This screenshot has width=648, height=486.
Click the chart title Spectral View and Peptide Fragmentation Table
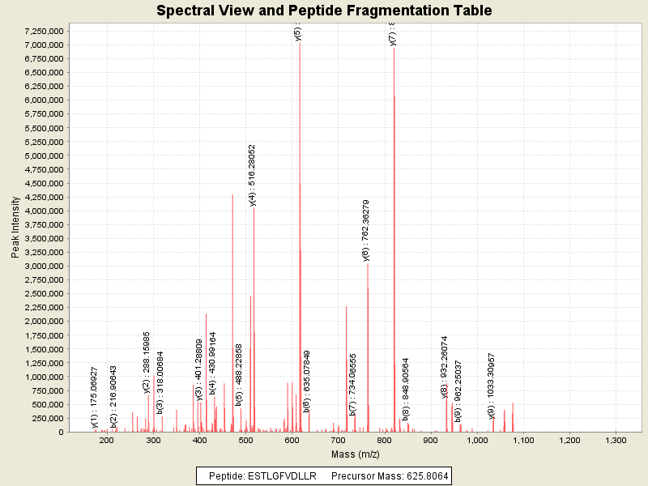coord(324,11)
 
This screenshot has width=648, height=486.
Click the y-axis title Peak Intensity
coord(15,228)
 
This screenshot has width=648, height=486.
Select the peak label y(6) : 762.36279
coord(366,231)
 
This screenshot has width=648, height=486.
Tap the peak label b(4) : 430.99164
coord(212,363)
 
